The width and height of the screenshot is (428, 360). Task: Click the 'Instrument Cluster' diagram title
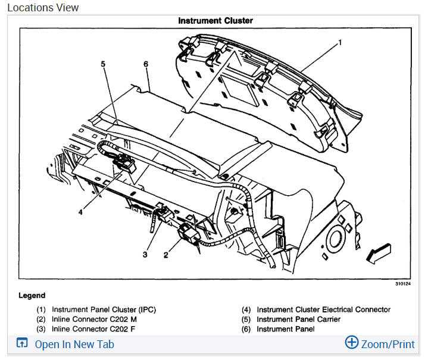[x=215, y=21]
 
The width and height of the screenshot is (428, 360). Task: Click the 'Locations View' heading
[x=43, y=7]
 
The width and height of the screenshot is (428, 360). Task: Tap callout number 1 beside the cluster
[x=340, y=42]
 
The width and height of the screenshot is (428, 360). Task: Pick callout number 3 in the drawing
[x=145, y=255]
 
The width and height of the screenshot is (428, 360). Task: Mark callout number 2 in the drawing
[x=166, y=255]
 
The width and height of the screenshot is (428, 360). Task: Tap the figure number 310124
[x=403, y=284]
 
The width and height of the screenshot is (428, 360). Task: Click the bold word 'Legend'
[x=32, y=295]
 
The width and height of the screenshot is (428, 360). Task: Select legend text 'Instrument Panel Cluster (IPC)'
[x=104, y=309]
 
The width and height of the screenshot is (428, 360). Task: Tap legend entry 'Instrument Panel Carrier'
[x=298, y=320]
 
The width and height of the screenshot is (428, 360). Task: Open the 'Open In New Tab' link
[x=74, y=345]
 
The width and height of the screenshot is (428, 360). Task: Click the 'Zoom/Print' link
[x=388, y=345]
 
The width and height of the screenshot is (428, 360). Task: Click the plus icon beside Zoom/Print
[x=352, y=343]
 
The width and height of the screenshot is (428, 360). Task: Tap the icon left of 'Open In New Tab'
[x=22, y=344]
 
